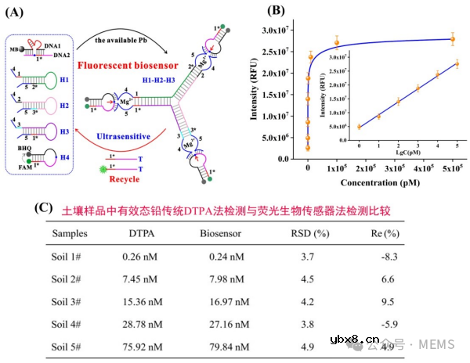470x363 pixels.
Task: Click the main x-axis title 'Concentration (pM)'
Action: click(377, 184)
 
